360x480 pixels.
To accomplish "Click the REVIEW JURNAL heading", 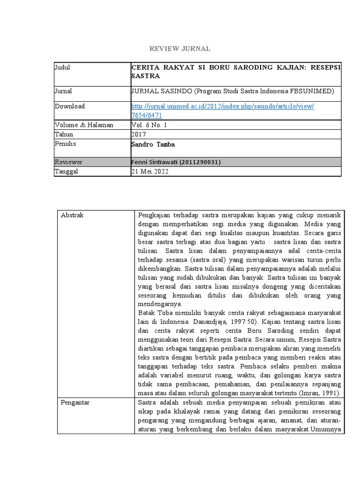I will click(x=180, y=49).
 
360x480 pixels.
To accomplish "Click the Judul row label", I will click(x=62, y=67).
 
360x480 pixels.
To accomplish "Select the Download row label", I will click(x=70, y=106).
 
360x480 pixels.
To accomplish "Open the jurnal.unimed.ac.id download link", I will click(x=223, y=106).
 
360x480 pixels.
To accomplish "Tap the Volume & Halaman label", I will click(x=84, y=125).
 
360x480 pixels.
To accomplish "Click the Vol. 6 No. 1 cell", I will click(x=149, y=125).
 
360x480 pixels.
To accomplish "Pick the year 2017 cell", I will click(x=139, y=135).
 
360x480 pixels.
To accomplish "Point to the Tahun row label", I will click(x=64, y=135).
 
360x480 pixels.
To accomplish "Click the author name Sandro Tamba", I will click(x=153, y=145).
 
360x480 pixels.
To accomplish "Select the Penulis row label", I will click(x=66, y=144).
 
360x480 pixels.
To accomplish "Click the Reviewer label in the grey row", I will click(x=68, y=162).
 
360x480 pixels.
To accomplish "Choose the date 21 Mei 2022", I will click(x=150, y=172).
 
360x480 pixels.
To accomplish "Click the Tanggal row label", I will click(x=67, y=172).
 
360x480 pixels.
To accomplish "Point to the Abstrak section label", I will click(x=72, y=215).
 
